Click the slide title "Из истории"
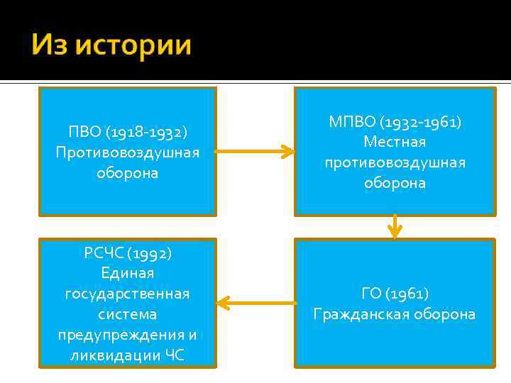coord(111,45)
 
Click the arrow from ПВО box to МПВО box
coord(254,151)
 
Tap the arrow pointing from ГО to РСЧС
coord(255,304)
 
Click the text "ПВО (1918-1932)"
coord(128,132)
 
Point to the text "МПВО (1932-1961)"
coord(395,122)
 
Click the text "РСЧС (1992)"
coord(128,253)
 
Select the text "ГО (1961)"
coord(395,293)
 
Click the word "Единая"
coord(128,273)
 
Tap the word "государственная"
coord(128,294)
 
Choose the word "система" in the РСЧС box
coord(128,313)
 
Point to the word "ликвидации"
coord(106,355)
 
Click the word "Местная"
coord(395,143)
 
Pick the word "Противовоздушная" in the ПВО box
coord(128,152)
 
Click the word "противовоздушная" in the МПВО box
coord(395,162)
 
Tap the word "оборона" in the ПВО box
coord(128,173)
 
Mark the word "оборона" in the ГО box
coord(446,313)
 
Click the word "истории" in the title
coord(133,45)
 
